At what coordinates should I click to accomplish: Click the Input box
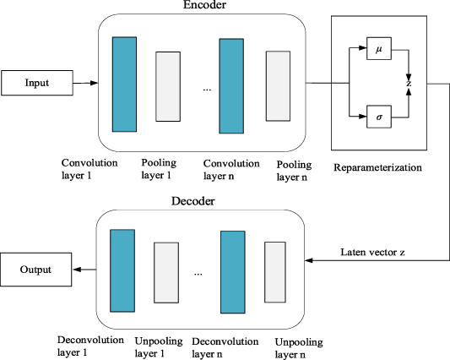pos(37,84)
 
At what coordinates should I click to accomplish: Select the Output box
pos(37,270)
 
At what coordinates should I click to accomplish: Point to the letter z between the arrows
pos(409,83)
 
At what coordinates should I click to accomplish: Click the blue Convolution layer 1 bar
pos(123,84)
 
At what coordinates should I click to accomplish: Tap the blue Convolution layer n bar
pos(232,84)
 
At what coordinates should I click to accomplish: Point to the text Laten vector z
pos(374,252)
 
